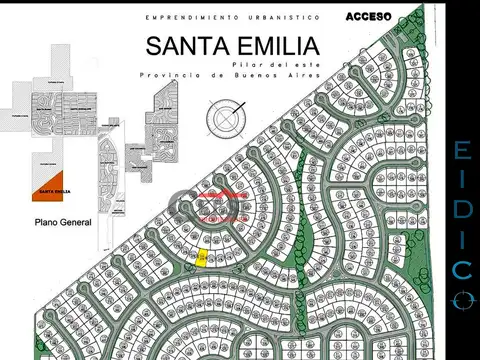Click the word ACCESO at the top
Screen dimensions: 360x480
pyautogui.click(x=370, y=17)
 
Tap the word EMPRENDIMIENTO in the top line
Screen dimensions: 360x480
pyautogui.click(x=181, y=18)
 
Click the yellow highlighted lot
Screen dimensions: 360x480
pyautogui.click(x=203, y=258)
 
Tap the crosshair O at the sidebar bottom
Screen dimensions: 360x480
pyautogui.click(x=460, y=298)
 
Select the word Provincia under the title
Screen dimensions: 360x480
pyautogui.click(x=164, y=75)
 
